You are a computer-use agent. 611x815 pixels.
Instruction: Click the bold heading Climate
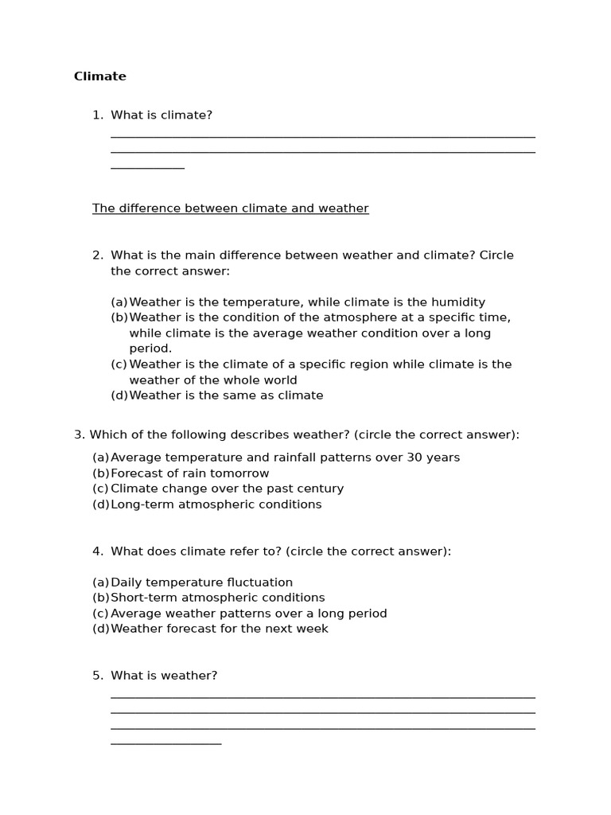pyautogui.click(x=100, y=76)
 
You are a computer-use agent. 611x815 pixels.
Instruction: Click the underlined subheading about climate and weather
pyautogui.click(x=230, y=209)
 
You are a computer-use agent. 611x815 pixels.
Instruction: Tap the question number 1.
pyautogui.click(x=97, y=115)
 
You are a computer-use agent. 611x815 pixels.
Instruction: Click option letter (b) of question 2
pyautogui.click(x=119, y=318)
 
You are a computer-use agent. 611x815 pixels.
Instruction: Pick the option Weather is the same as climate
pyautogui.click(x=226, y=396)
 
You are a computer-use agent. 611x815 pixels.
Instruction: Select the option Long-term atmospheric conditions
pyautogui.click(x=216, y=505)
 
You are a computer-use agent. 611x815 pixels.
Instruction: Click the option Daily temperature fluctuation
pyautogui.click(x=201, y=583)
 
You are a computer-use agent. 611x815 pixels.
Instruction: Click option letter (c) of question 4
pyautogui.click(x=101, y=614)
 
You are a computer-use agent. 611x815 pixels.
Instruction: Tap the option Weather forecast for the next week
pyautogui.click(x=219, y=629)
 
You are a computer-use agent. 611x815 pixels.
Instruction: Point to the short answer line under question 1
pyautogui.click(x=147, y=168)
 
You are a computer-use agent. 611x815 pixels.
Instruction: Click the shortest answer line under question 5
pyautogui.click(x=165, y=743)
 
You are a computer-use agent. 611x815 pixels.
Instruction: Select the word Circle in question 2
pyautogui.click(x=497, y=255)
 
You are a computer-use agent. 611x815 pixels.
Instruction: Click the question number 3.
pyautogui.click(x=79, y=435)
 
